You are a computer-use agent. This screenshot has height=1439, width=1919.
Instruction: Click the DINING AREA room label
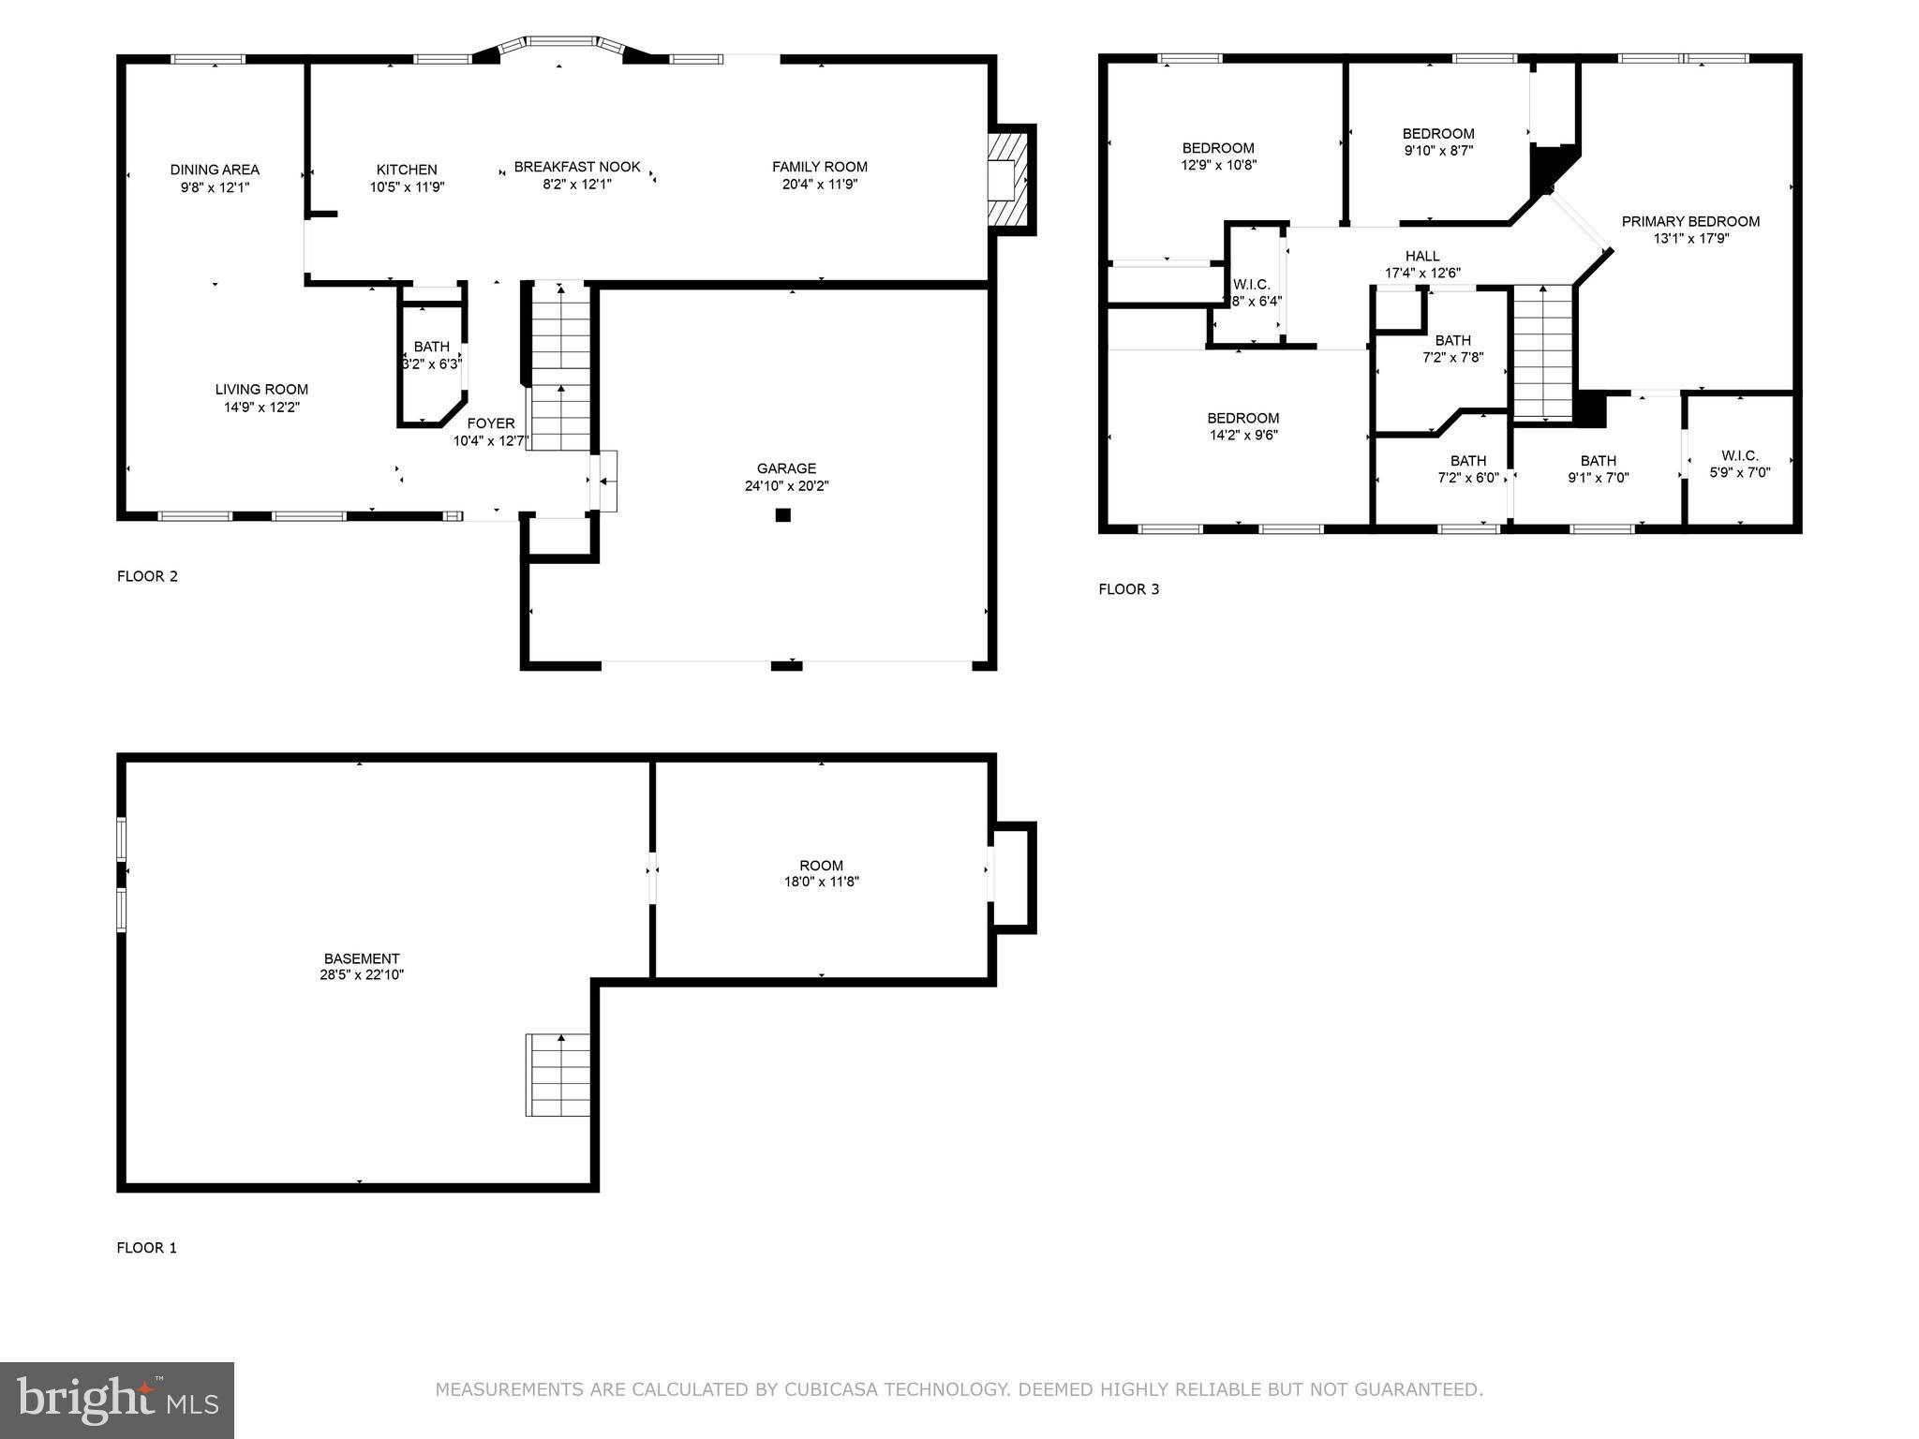tap(215, 170)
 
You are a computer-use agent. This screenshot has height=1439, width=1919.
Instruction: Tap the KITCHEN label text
tap(407, 170)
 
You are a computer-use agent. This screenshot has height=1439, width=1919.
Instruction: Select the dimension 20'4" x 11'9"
tap(820, 185)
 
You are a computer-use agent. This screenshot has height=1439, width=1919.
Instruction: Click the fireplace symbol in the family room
tap(1009, 178)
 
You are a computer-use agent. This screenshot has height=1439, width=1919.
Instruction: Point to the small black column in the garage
tap(783, 514)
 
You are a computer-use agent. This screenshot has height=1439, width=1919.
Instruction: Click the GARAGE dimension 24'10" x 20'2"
tap(786, 486)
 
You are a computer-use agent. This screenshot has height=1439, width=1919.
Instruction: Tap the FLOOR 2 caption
tap(147, 576)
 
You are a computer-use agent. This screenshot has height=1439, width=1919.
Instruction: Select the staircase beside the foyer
tap(560, 365)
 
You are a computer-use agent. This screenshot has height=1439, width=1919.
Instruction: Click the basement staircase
tap(559, 1075)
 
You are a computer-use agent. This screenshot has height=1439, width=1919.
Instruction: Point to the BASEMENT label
tap(362, 958)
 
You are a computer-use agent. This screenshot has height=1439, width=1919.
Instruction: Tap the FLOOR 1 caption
tap(146, 1248)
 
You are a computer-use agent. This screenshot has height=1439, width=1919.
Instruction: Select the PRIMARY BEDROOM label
tap(1690, 221)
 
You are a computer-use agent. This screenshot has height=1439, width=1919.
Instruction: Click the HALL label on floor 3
tap(1422, 256)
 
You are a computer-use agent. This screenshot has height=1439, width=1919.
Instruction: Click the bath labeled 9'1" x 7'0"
tap(1599, 468)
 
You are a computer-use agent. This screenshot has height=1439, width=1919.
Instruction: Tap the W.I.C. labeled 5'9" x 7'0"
tap(1740, 464)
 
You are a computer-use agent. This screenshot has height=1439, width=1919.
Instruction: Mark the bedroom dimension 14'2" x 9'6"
tap(1243, 435)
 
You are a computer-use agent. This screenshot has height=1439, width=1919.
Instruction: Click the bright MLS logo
tap(117, 1401)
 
